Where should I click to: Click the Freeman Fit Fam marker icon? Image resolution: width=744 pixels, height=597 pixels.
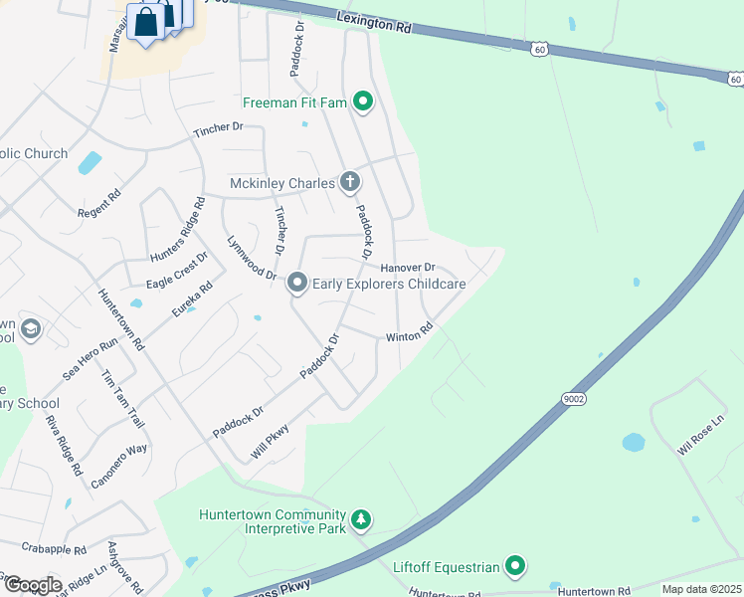click(363, 100)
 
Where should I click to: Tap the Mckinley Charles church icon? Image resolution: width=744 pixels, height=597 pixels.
click(349, 182)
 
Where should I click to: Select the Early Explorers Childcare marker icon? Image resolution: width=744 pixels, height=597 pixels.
click(296, 284)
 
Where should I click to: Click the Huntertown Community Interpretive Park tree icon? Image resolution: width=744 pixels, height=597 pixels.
click(362, 519)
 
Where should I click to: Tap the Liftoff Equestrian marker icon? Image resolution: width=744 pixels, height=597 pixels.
click(514, 567)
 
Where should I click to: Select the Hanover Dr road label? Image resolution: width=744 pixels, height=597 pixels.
click(408, 267)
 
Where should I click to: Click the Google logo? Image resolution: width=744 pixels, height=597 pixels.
click(32, 584)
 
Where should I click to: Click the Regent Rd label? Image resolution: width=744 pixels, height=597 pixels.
click(100, 202)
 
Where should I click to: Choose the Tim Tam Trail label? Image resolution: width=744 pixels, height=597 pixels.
click(123, 399)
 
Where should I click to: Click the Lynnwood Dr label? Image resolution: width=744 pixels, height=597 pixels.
click(251, 258)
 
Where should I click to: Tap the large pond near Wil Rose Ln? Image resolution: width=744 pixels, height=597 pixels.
click(634, 441)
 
